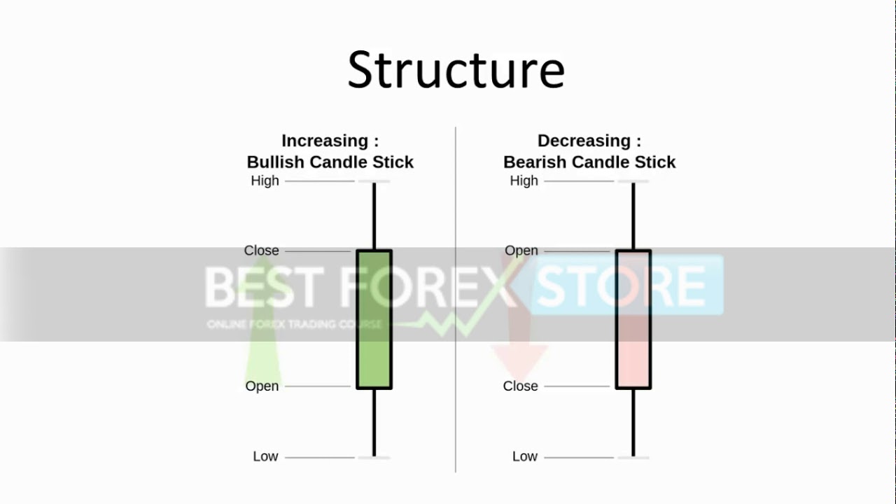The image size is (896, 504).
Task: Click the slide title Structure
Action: [x=456, y=70]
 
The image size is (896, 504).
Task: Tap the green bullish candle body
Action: [x=374, y=319]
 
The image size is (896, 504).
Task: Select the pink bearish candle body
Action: [x=633, y=319]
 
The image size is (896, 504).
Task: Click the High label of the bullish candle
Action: [x=265, y=181]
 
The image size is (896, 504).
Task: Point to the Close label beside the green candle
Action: [x=261, y=251]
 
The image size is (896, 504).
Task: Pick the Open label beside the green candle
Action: [x=262, y=386]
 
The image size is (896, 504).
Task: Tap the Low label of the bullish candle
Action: [x=265, y=456]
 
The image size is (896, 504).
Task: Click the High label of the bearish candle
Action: [x=524, y=181]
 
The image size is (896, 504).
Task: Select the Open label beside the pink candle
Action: [x=521, y=251]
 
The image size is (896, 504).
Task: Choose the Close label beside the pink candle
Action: [x=521, y=386]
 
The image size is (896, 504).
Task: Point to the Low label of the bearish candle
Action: [x=524, y=456]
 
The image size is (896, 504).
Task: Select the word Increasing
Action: [x=324, y=141]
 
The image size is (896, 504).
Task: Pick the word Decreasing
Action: [x=583, y=141]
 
